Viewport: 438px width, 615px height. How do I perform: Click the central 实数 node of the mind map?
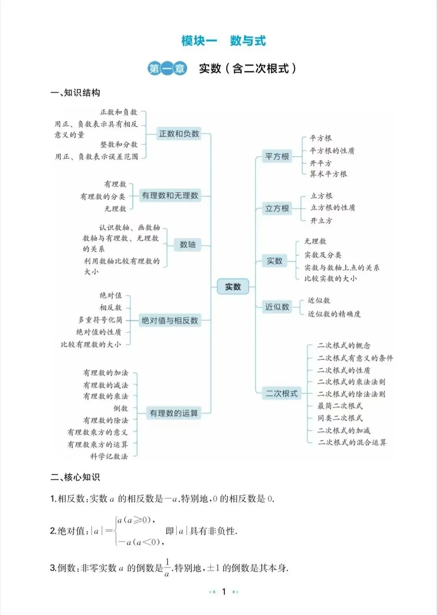coord(233,287)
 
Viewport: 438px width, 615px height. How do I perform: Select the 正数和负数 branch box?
coord(179,134)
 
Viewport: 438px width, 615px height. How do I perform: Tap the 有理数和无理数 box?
coord(170,196)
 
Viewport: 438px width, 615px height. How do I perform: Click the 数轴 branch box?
coord(187,244)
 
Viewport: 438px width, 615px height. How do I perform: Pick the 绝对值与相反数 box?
coord(170,321)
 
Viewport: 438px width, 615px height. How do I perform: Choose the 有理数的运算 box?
coord(174,413)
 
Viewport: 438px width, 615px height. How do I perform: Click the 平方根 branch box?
coord(277,156)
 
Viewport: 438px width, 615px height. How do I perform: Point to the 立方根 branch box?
coord(277,208)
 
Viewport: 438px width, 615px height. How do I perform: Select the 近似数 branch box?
coord(277,307)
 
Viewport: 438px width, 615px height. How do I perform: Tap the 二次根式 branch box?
coord(281,393)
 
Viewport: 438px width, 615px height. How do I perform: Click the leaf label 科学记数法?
coord(109,456)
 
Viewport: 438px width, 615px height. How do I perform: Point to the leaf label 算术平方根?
coord(328,174)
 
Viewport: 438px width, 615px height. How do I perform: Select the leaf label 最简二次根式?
coord(340,406)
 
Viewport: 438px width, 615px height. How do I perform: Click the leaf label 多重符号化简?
coord(100,320)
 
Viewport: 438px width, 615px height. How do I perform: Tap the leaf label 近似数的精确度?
coord(334,314)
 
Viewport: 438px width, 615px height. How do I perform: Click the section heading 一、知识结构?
coord(75,93)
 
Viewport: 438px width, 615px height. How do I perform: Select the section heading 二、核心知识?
coord(75,477)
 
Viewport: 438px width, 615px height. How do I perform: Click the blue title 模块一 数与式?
coord(223,41)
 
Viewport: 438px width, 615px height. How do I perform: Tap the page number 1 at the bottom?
coord(224,592)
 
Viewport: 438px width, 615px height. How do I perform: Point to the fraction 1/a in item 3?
coord(167,568)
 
